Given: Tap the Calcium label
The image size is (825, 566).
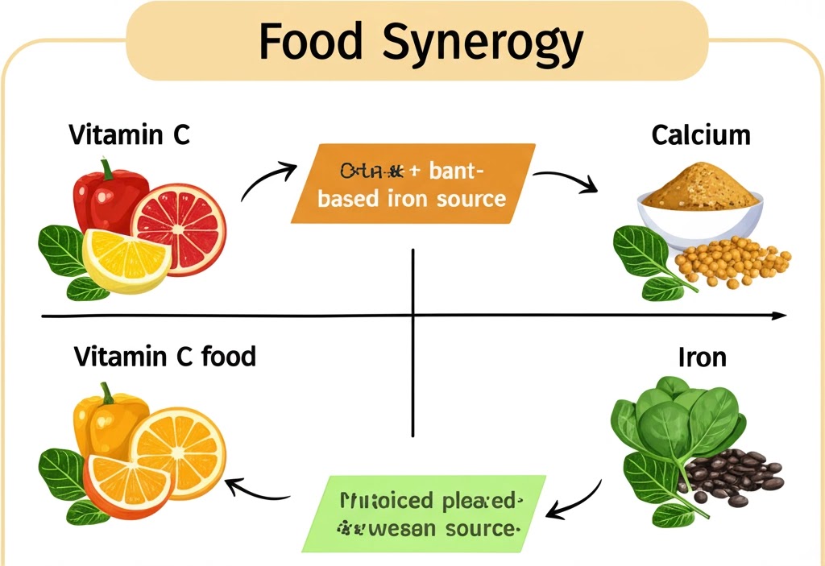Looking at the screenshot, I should [700, 134].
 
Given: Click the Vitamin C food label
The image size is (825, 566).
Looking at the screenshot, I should [164, 355].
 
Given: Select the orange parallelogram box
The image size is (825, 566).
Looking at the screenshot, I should [412, 184].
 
